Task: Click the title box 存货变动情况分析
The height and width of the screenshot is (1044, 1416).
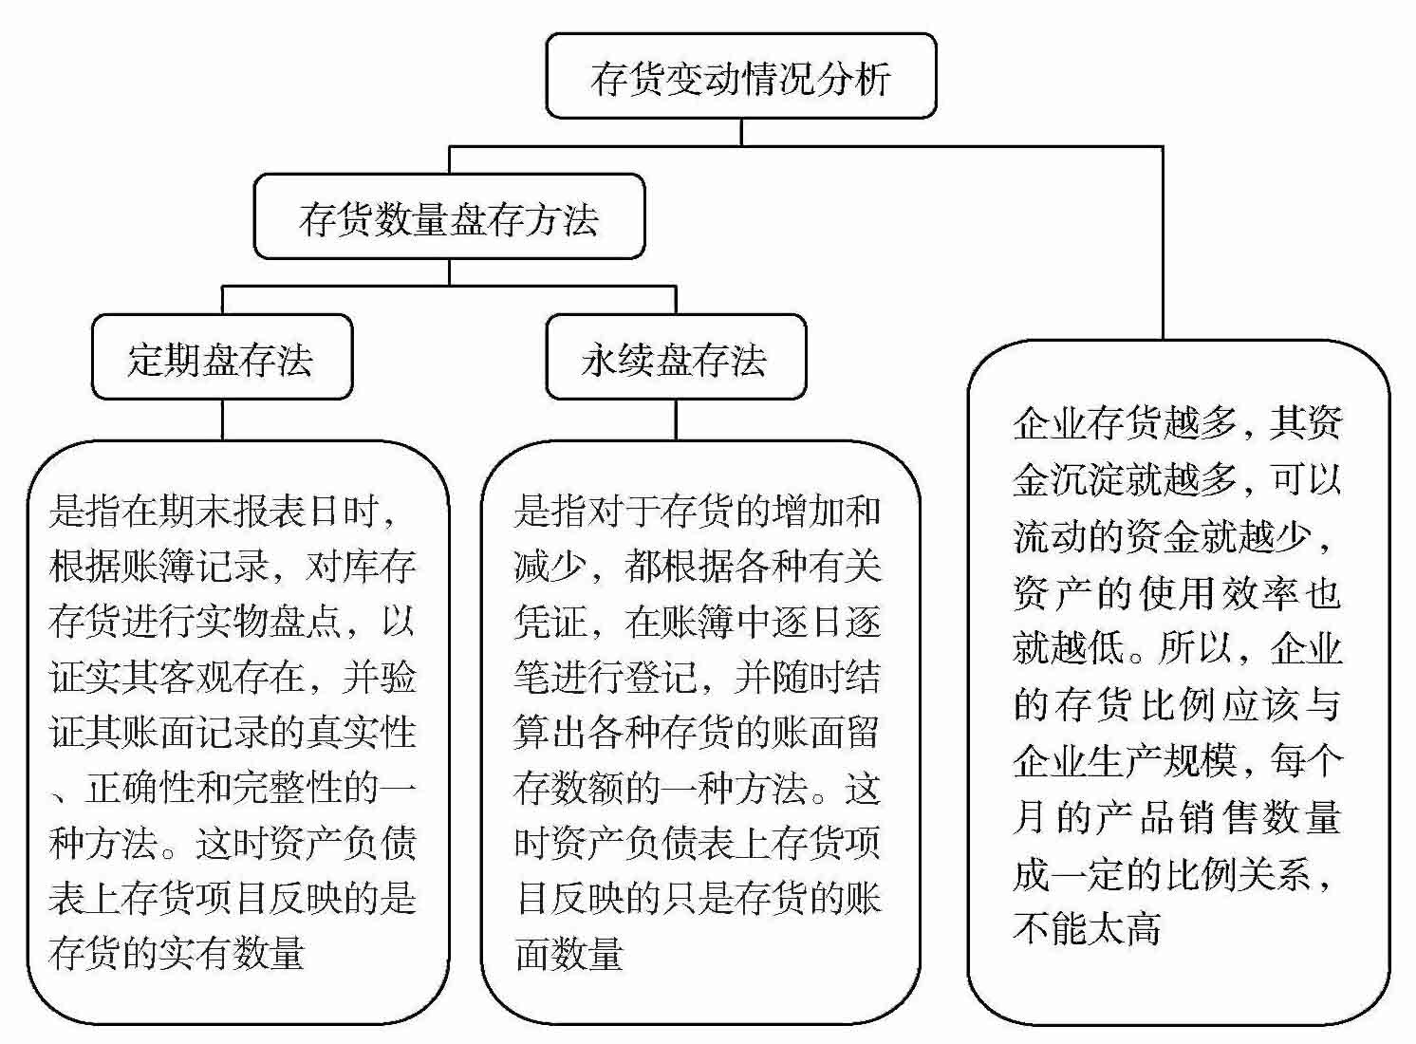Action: (x=740, y=77)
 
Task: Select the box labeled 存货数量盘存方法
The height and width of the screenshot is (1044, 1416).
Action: (x=449, y=217)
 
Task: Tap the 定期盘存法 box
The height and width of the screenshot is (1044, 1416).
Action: (x=221, y=358)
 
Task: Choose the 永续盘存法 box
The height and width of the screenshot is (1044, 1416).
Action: (x=675, y=358)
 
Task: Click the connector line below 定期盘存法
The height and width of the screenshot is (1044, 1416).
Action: (x=222, y=419)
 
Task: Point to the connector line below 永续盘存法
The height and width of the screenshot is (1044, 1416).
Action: (x=676, y=419)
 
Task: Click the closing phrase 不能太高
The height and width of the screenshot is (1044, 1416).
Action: (x=1087, y=928)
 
